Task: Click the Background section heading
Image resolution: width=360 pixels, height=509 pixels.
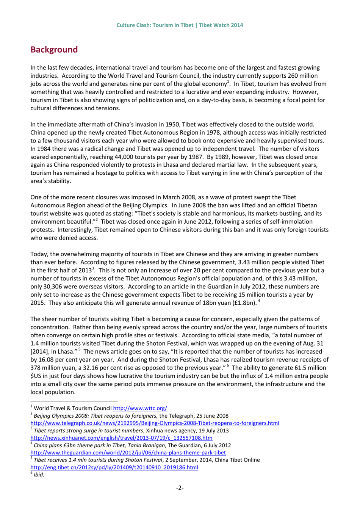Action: [x=54, y=50]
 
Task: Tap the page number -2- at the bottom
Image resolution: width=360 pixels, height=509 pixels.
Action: [x=180, y=487]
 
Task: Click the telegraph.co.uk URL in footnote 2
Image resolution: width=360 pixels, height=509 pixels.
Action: [x=155, y=423]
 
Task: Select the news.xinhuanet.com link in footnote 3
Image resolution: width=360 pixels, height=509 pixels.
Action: [x=121, y=438]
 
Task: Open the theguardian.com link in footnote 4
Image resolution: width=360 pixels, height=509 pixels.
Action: [x=128, y=453]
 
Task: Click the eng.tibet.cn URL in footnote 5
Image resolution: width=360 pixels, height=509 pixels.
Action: [x=114, y=467]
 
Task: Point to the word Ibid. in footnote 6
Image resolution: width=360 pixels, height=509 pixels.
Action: [x=39, y=475]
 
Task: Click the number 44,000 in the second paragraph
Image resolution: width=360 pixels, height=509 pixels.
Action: [x=140, y=157]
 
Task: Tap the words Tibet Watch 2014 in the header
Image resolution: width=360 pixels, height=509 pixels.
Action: [x=221, y=25]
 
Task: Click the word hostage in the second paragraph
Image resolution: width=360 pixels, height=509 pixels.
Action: [x=105, y=173]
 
